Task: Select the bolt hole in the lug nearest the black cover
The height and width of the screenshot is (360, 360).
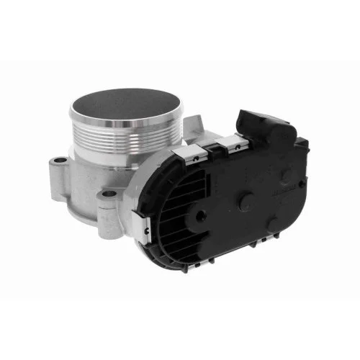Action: (108, 195)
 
